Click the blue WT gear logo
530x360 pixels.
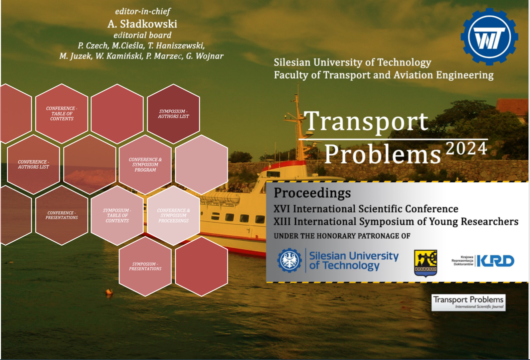pos(489,37)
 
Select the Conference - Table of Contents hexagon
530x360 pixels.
pos(62,114)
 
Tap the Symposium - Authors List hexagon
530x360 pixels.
pos(173,114)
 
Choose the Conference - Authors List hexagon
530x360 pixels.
pos(34,165)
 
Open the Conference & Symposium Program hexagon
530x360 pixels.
pos(145,165)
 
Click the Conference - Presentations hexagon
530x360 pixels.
pos(62,215)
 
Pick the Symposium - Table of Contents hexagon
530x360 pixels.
pos(117,215)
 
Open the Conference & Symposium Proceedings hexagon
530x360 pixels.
pos(173,215)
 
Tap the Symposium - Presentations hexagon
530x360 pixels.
pos(145,266)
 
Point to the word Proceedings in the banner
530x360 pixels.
pos(312,193)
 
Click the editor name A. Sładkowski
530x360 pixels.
pos(142,24)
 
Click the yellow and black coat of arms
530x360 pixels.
pos(426,263)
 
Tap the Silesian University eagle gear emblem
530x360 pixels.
pos(289,260)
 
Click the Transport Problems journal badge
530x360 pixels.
pos(468,302)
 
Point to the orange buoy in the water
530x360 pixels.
pos(109,292)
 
